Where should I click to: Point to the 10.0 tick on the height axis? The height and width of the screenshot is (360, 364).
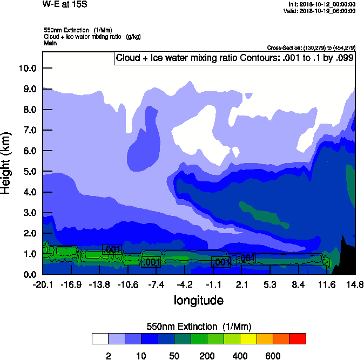point(27,69)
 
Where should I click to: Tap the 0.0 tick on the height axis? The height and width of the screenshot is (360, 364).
point(29,275)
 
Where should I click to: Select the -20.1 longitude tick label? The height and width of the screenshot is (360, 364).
point(42,285)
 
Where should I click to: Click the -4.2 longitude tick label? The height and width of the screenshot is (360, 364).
point(185,285)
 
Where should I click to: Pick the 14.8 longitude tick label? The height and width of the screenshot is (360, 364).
point(355,285)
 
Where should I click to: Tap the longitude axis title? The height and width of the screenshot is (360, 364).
point(198,300)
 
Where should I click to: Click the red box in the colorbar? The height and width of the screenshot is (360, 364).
point(298,338)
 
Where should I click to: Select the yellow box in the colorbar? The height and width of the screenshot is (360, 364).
point(248,338)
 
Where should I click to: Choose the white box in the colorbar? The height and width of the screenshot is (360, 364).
point(100,338)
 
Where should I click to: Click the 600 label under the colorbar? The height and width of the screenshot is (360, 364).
point(273,356)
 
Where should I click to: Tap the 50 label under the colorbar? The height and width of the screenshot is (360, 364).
point(174,356)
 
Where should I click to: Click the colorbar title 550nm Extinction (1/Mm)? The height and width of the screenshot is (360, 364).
point(199,327)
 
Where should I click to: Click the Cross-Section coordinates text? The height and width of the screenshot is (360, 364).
point(311,47)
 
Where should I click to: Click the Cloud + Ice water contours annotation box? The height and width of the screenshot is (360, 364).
point(235,58)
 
